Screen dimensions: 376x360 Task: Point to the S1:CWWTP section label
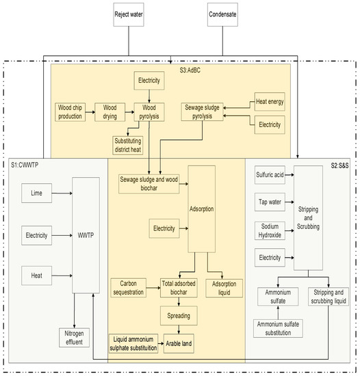(25, 166)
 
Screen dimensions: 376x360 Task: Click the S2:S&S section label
(336, 166)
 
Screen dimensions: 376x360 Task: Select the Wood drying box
(110, 111)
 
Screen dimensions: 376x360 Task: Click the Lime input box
(36, 194)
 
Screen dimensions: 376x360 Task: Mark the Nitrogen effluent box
(75, 337)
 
